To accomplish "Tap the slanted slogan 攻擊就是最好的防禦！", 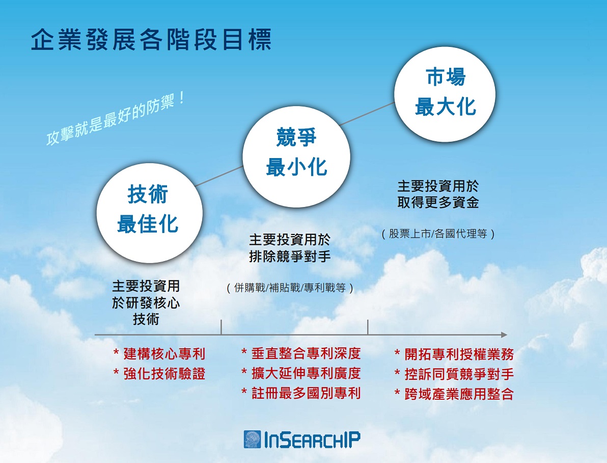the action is click(x=116, y=119).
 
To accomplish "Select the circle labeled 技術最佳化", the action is click(x=149, y=213).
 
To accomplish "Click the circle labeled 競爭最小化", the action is click(x=296, y=157).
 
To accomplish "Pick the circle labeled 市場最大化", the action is click(x=445, y=95).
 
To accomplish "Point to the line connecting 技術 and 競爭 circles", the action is click(x=219, y=176).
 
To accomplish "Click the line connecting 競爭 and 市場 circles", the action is click(x=367, y=114).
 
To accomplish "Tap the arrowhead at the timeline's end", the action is click(x=504, y=335).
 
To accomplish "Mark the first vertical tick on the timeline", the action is click(x=221, y=327).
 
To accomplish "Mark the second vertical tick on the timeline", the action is click(x=368, y=327).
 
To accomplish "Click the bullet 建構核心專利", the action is click(x=159, y=354).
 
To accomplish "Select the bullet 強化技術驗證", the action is click(x=159, y=374).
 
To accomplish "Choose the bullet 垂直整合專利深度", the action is click(x=301, y=353).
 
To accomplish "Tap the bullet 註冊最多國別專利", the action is click(x=301, y=393).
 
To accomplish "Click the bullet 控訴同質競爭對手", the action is click(x=454, y=374).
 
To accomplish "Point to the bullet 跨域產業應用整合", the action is click(x=454, y=394).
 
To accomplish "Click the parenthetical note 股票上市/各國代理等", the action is click(x=438, y=234).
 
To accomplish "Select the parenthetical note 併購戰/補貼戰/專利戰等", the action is click(x=290, y=288).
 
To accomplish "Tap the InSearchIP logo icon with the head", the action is click(x=253, y=440).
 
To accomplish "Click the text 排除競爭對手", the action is click(x=290, y=256).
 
